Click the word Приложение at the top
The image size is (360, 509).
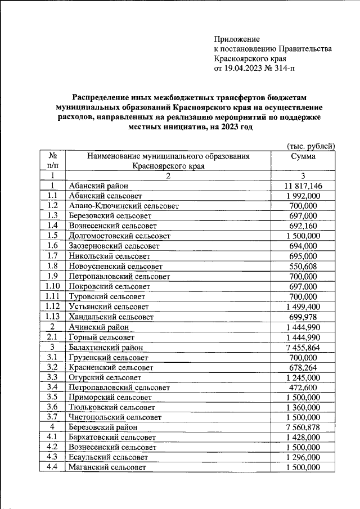237,39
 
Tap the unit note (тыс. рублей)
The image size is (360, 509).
311,146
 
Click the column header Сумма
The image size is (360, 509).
303,156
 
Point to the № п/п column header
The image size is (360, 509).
52,161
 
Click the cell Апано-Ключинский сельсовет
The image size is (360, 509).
124,206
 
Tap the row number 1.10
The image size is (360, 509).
52,286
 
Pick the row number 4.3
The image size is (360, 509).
52,458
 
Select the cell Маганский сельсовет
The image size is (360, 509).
107,468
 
